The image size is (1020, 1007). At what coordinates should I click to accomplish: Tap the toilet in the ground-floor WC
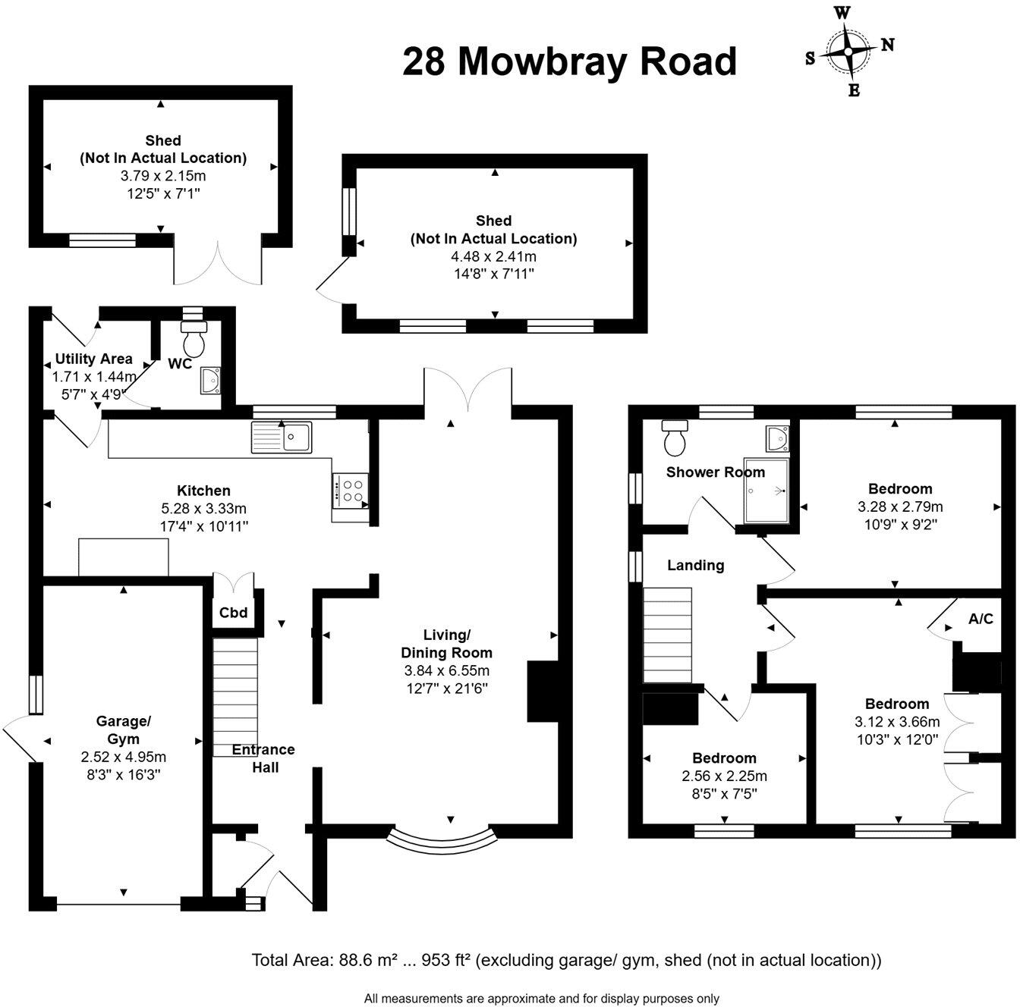click(195, 338)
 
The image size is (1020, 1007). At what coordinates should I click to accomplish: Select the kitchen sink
click(282, 437)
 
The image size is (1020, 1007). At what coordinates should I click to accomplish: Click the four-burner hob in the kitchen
click(351, 490)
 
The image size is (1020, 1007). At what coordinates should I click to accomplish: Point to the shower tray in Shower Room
click(767, 491)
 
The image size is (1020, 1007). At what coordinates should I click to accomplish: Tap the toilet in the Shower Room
click(673, 435)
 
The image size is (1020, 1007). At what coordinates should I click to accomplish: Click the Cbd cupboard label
click(233, 613)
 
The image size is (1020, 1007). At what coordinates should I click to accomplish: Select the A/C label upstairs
click(981, 619)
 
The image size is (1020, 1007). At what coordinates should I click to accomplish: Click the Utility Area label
click(93, 359)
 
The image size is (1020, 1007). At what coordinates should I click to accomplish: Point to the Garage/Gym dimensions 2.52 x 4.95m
click(123, 757)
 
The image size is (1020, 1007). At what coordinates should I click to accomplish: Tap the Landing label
click(695, 565)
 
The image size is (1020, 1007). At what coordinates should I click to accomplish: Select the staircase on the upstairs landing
click(668, 635)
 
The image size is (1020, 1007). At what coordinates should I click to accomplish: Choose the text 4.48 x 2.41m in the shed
click(493, 256)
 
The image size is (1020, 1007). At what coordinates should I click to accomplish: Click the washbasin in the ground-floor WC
click(210, 379)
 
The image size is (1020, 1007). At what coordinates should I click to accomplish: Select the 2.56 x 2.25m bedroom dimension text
click(724, 776)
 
